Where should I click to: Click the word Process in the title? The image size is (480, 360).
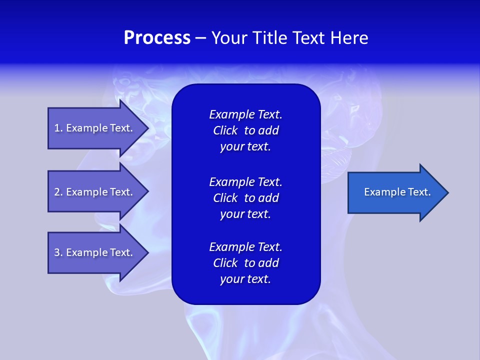pyautogui.click(x=157, y=38)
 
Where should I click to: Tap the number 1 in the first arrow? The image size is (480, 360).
pyautogui.click(x=56, y=128)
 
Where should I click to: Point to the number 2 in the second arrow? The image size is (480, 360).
pyautogui.click(x=56, y=192)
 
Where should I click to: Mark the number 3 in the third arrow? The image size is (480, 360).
pyautogui.click(x=56, y=252)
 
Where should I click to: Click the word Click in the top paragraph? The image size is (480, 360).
pyautogui.click(x=225, y=130)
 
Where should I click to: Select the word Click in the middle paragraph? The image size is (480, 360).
pyautogui.click(x=225, y=198)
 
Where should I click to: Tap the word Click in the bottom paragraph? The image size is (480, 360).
pyautogui.click(x=225, y=263)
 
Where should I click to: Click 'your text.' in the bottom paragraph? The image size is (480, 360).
pyautogui.click(x=245, y=279)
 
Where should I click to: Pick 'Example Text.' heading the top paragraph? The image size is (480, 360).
pyautogui.click(x=245, y=114)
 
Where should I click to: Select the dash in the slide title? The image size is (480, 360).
pyautogui.click(x=200, y=38)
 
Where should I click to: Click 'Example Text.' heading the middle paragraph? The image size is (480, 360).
pyautogui.click(x=245, y=181)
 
